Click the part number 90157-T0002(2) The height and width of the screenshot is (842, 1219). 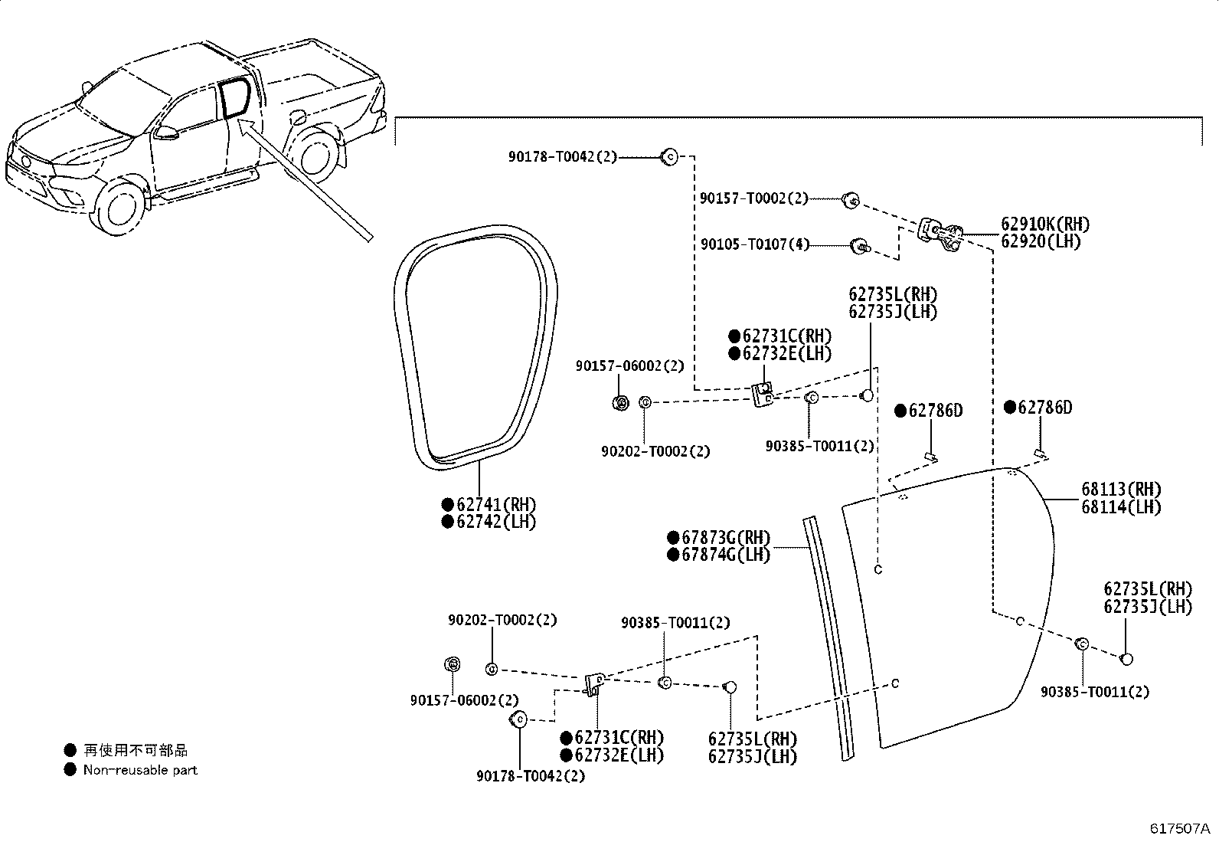(x=753, y=198)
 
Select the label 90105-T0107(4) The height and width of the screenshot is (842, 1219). (x=755, y=244)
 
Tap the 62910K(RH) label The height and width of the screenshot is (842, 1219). (x=1045, y=224)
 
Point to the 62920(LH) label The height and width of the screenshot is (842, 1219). (x=1041, y=241)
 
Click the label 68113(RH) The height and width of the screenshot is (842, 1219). (x=1121, y=489)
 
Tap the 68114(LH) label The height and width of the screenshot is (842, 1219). (x=1121, y=506)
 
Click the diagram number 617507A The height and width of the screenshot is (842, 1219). (x=1179, y=828)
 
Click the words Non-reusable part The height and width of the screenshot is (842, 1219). (x=140, y=770)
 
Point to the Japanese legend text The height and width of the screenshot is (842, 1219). (x=136, y=751)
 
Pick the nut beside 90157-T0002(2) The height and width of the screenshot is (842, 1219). (x=851, y=200)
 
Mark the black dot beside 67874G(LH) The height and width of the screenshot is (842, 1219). (x=673, y=555)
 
